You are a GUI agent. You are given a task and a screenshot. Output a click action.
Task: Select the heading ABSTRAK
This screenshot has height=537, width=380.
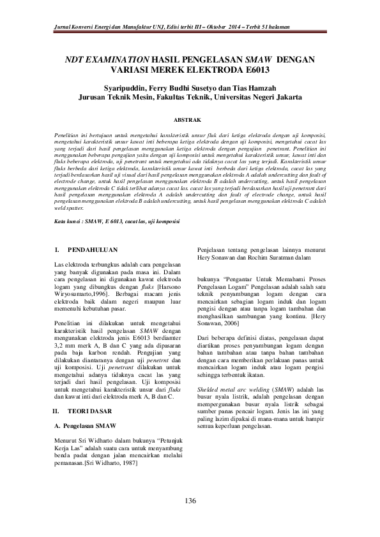190,119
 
